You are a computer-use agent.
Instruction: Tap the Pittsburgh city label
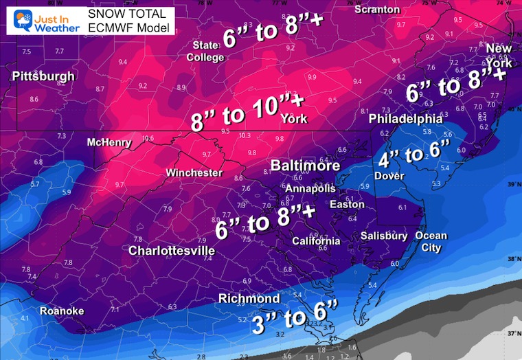click(x=43, y=74)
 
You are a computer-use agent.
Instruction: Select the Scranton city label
click(x=377, y=9)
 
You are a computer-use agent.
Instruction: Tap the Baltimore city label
click(x=305, y=166)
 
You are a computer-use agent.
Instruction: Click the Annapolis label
click(x=310, y=188)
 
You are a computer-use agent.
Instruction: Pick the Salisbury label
click(x=385, y=236)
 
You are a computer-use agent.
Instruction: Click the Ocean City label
click(x=431, y=241)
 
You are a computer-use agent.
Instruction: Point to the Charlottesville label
click(x=172, y=251)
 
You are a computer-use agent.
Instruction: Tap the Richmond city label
click(x=249, y=298)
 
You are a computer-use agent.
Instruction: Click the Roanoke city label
click(x=62, y=311)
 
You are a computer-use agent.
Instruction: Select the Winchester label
click(x=194, y=172)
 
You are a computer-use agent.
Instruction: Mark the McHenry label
click(x=109, y=142)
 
